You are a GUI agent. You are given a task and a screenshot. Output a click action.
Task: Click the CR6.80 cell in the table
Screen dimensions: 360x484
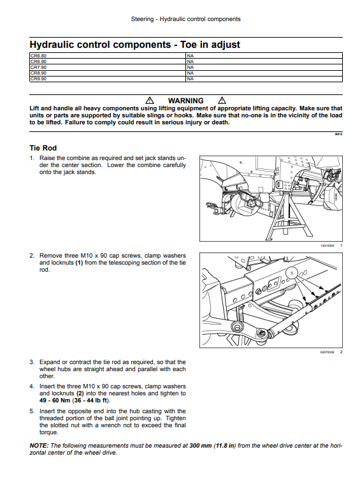[x=108, y=56]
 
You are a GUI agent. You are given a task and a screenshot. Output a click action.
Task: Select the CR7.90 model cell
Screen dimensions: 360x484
[x=108, y=68]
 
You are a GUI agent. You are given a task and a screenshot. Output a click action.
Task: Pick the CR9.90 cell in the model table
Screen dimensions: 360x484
[x=108, y=79]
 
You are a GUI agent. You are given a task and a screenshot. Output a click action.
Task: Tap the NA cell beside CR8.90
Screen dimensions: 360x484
[x=264, y=73]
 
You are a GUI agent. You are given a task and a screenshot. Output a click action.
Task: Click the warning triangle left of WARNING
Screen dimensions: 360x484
[x=150, y=100]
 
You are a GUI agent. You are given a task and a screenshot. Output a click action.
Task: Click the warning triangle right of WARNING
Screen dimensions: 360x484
[x=222, y=100]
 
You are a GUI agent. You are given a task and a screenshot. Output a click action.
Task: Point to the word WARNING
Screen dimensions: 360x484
[x=185, y=101]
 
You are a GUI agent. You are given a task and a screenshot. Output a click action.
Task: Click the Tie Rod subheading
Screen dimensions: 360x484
[x=43, y=148]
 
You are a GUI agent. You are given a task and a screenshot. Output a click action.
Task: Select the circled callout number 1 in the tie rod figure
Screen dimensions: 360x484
[x=292, y=273]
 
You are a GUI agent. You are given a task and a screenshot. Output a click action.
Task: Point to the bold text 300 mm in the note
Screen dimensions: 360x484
[x=201, y=446]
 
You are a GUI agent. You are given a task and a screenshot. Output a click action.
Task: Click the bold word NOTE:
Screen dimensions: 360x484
[x=39, y=446]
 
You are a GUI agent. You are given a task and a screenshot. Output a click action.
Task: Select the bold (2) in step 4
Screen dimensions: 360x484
[x=80, y=393]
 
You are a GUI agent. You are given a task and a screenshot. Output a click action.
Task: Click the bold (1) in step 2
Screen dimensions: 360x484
[x=79, y=263]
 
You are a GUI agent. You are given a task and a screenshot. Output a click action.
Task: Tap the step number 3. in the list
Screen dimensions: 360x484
[x=32, y=362]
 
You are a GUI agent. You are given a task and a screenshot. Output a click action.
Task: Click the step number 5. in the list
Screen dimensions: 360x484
[x=32, y=411]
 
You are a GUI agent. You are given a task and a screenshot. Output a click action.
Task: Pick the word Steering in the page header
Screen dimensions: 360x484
[x=142, y=19]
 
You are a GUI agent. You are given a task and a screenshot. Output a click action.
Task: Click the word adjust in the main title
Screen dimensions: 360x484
[x=225, y=45]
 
